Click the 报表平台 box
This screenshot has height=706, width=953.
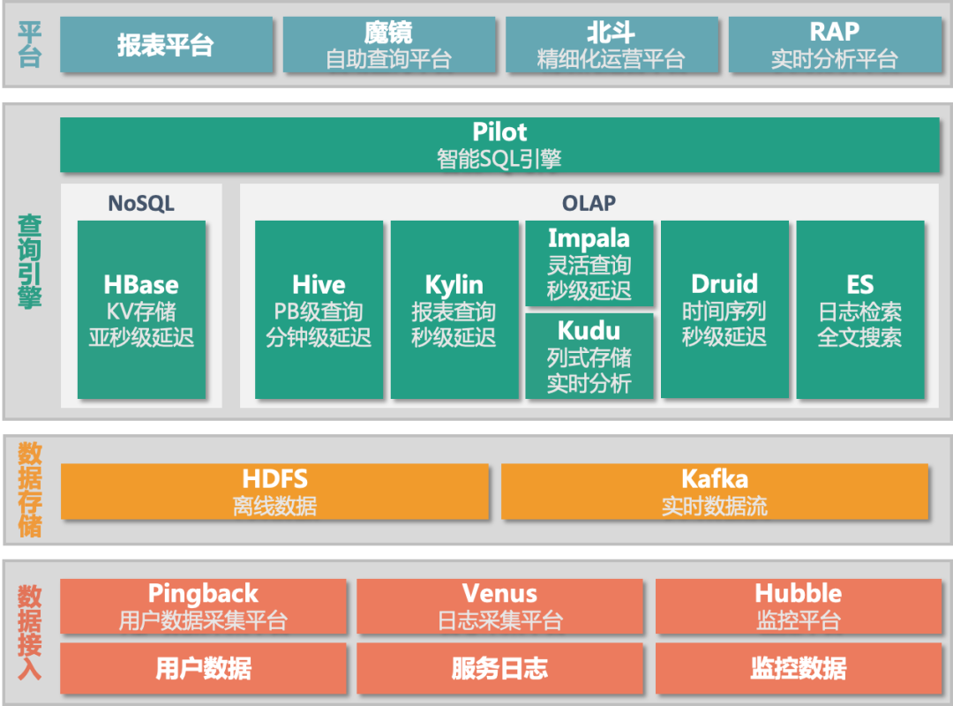[x=166, y=45]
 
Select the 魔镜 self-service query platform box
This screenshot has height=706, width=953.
[x=388, y=45]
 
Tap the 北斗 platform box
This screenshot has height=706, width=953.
[x=611, y=45]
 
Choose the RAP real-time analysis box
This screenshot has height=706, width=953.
[x=834, y=45]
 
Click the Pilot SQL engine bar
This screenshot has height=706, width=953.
[x=499, y=145]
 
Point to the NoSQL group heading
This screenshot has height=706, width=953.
[x=141, y=203]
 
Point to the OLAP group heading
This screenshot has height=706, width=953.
[x=589, y=203]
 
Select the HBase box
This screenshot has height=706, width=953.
[x=141, y=310]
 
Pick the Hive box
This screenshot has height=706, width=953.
[x=319, y=310]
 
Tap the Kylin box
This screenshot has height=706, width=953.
[x=454, y=310]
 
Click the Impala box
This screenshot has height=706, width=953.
[x=589, y=263]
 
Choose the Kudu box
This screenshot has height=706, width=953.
[x=589, y=356]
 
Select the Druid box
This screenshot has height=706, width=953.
[x=724, y=310]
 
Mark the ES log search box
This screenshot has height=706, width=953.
[x=860, y=310]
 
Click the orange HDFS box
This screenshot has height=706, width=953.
[x=274, y=492]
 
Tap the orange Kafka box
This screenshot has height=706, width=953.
[x=715, y=492]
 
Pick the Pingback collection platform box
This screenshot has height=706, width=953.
[x=203, y=605]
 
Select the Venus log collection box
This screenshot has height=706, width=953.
[x=499, y=605]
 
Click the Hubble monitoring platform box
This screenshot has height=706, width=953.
[x=798, y=605]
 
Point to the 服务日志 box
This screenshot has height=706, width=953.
[x=499, y=668]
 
